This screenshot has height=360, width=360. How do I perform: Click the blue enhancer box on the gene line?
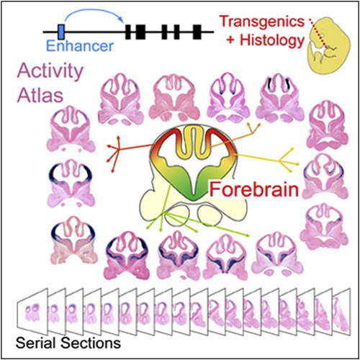pos(61,32)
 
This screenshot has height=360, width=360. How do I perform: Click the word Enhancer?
pos(80,45)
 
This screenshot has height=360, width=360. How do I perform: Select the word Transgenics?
pos(262,22)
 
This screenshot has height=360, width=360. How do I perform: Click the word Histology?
pos(272,40)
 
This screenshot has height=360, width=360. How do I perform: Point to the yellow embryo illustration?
pos(329,45)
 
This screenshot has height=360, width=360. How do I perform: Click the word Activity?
pos(50,71)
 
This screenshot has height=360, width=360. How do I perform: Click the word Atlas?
pos(40,95)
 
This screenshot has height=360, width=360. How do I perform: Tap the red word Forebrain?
pos(254,190)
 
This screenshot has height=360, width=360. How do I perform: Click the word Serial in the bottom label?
pos(36,343)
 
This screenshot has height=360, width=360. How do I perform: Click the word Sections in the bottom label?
pos(91,343)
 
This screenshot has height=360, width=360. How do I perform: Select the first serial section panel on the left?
pos(32,312)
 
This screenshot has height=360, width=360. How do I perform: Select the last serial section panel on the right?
pos(341,312)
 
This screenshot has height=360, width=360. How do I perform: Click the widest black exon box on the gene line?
pos(140,32)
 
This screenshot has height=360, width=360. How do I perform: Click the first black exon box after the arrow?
pos(128,32)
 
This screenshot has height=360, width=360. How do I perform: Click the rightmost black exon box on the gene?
pos(197,32)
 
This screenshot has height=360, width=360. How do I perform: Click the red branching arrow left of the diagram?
pos(130,149)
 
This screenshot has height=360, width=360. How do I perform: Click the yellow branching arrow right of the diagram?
pos(266,159)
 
